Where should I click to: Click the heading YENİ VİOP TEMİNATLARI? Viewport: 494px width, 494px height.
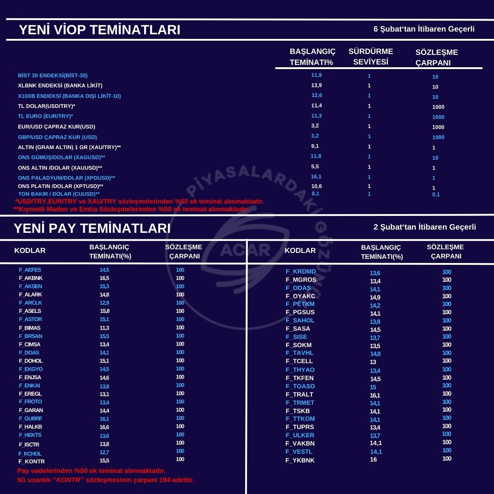tap(99, 30)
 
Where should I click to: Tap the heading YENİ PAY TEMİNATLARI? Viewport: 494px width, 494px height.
tap(92, 228)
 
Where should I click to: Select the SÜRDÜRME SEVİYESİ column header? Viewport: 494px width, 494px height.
tap(370, 56)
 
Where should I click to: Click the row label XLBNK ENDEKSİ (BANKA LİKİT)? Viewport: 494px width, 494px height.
tap(60, 86)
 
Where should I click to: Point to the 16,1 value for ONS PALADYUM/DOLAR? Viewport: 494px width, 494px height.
tap(317, 176)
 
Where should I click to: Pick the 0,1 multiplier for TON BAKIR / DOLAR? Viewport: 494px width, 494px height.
tap(435, 194)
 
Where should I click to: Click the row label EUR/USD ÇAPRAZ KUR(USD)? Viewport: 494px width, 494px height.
tap(57, 127)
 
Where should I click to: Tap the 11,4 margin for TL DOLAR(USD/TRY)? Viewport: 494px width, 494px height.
tap(316, 105)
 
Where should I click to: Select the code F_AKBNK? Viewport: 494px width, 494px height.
tap(31, 278)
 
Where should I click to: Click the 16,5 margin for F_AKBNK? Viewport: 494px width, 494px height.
tap(104, 278)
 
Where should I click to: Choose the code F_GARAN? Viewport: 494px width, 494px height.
tap(31, 410)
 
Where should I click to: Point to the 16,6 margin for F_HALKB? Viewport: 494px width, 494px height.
tap(104, 427)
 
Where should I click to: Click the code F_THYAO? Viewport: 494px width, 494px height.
tap(300, 370)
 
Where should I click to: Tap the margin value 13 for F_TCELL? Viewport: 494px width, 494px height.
tap(373, 362)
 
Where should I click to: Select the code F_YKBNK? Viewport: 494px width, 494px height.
tap(300, 460)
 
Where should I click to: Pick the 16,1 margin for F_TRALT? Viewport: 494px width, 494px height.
tap(375, 395)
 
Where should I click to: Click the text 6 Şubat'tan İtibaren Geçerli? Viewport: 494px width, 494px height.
tap(424, 29)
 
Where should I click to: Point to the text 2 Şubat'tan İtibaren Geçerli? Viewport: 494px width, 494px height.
tap(424, 227)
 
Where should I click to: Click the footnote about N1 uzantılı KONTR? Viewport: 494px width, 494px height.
tap(106, 480)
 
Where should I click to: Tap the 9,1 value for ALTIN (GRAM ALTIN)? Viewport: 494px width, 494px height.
tap(315, 146)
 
